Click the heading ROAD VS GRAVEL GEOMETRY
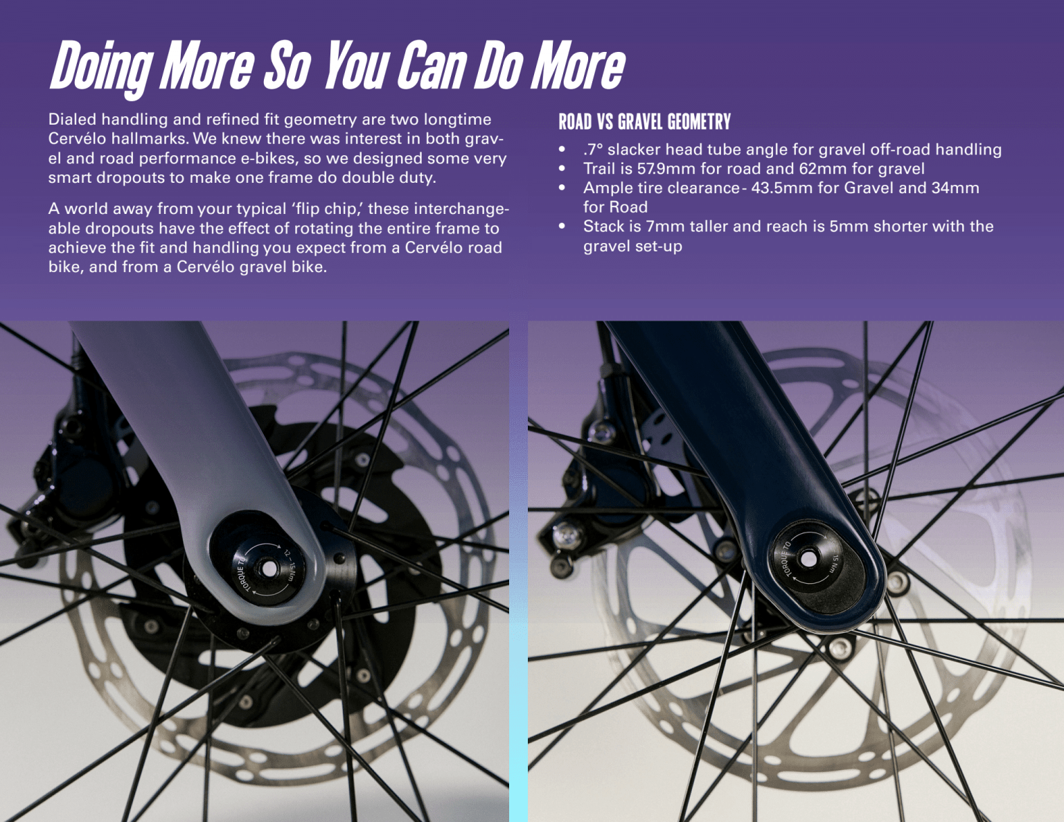[x=644, y=122]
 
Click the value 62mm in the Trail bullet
[x=822, y=168]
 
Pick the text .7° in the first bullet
[x=593, y=149]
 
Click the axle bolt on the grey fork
[x=267, y=569]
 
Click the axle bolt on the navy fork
[x=808, y=558]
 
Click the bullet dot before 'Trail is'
[x=562, y=168]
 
